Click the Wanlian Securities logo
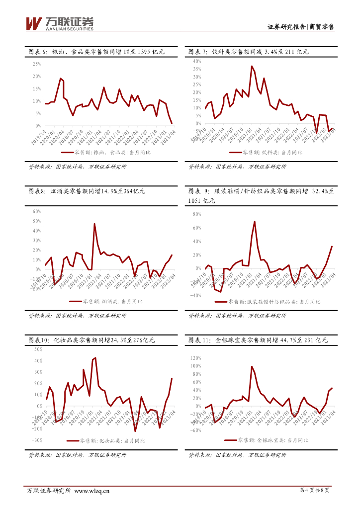(59, 23)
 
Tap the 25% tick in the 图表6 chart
(36, 64)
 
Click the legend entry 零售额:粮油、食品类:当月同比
(105, 152)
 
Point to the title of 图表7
(249, 51)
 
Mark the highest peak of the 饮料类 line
(252, 66)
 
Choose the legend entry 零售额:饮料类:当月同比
(267, 152)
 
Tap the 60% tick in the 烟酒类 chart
(36, 211)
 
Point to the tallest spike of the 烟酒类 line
(94, 224)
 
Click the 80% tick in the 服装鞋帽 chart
(196, 215)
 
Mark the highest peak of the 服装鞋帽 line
(255, 222)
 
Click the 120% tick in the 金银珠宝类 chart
(195, 358)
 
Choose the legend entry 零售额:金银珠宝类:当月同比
(266, 440)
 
